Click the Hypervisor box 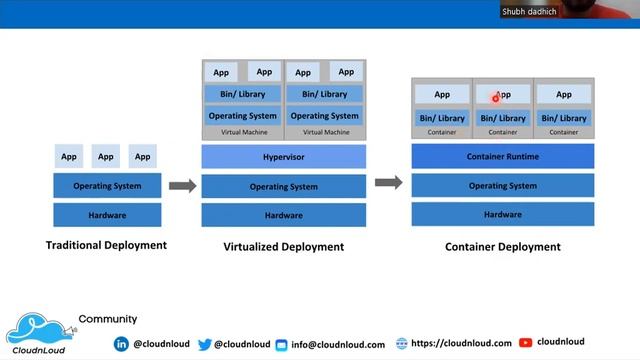(x=283, y=157)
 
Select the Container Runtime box (x=502, y=156)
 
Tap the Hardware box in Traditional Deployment (x=107, y=214)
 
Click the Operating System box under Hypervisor (x=283, y=186)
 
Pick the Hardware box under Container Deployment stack (x=502, y=214)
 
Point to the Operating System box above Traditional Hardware (x=107, y=186)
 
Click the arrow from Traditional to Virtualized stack (x=181, y=185)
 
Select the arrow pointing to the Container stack (x=388, y=182)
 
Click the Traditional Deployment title (x=106, y=245)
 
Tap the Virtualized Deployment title (x=283, y=246)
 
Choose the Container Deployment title (x=502, y=246)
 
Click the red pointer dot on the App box (x=495, y=98)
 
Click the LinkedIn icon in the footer (x=121, y=343)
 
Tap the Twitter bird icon (x=205, y=343)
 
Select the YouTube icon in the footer (x=525, y=342)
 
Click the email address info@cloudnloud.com (x=337, y=344)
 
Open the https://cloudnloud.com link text (x=460, y=343)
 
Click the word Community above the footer (x=107, y=319)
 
